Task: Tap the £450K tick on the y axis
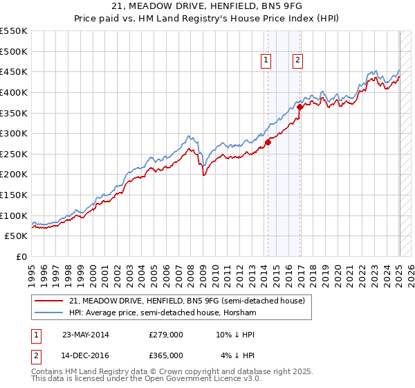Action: [x=14, y=72]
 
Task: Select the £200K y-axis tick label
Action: [x=14, y=175]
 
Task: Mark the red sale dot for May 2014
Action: [x=268, y=142]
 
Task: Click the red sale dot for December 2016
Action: [x=299, y=107]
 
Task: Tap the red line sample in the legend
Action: [x=49, y=301]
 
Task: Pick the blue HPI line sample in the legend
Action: [x=49, y=312]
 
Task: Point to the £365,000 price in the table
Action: [x=165, y=355]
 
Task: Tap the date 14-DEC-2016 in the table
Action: [x=85, y=355]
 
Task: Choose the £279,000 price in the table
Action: [x=165, y=335]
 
